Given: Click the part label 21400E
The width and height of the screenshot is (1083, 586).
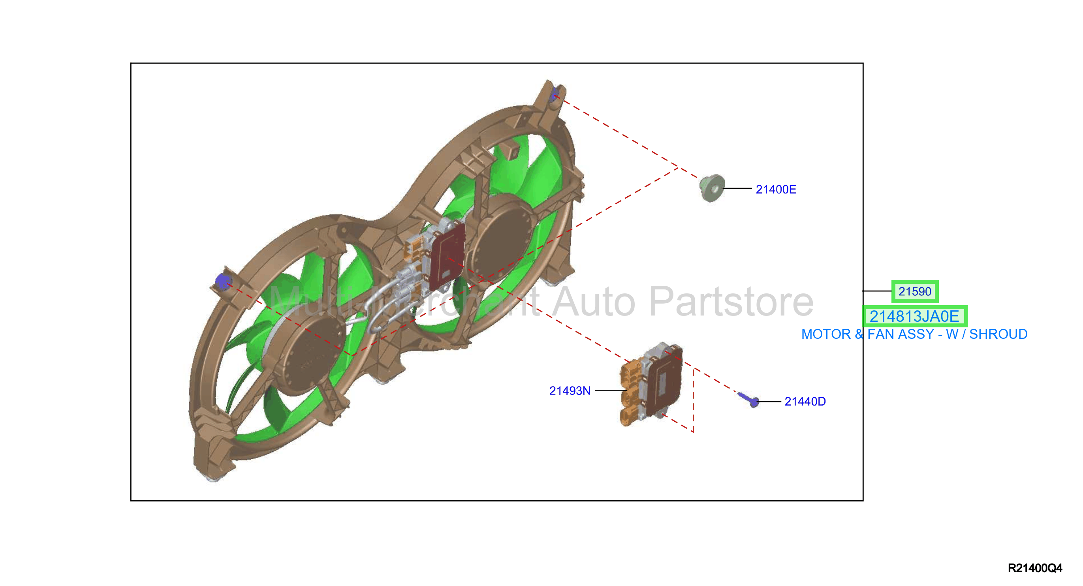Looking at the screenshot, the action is [776, 190].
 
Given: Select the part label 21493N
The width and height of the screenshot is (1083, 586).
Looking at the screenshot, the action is [570, 391].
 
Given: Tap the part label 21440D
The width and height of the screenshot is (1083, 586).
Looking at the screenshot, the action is [805, 402].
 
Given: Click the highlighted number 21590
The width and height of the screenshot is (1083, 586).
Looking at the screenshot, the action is [915, 291].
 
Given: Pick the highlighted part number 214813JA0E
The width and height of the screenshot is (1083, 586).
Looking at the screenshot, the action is [914, 317].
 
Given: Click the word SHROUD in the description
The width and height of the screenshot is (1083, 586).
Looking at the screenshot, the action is [998, 334].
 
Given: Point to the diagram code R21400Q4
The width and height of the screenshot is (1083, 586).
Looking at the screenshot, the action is [1035, 568].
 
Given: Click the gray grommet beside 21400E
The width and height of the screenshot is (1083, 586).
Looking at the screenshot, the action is [712, 188].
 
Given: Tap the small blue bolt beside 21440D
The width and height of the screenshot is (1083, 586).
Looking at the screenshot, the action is [748, 399].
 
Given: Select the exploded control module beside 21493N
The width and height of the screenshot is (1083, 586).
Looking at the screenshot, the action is [651, 384].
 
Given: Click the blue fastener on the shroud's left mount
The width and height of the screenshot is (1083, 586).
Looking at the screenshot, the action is [222, 281].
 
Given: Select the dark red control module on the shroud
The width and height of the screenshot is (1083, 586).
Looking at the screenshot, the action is [448, 256].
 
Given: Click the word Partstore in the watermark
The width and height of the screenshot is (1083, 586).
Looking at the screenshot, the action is [731, 302].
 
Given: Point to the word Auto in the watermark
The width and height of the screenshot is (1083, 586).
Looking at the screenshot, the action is [594, 302].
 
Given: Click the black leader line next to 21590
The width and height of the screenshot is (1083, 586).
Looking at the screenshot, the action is [877, 291].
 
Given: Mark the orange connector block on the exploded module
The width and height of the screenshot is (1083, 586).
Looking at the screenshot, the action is [631, 393].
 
